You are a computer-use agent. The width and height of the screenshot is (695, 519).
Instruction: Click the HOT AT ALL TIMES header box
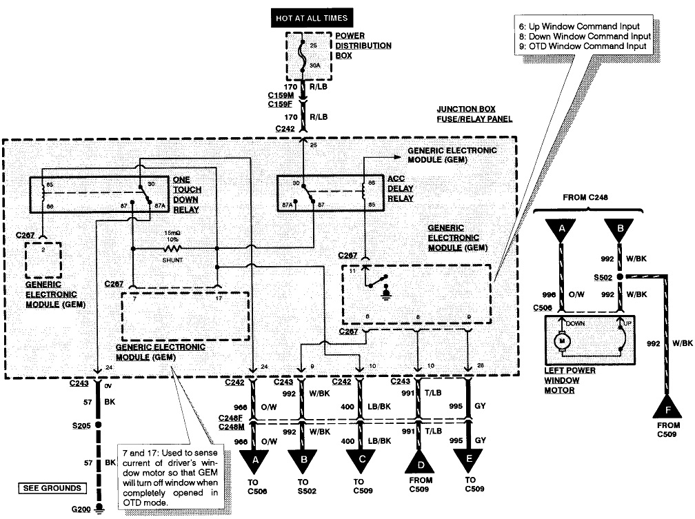[312, 16]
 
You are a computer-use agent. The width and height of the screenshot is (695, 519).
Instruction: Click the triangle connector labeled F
[667, 407]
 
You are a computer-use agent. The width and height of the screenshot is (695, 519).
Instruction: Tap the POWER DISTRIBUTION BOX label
[363, 45]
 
